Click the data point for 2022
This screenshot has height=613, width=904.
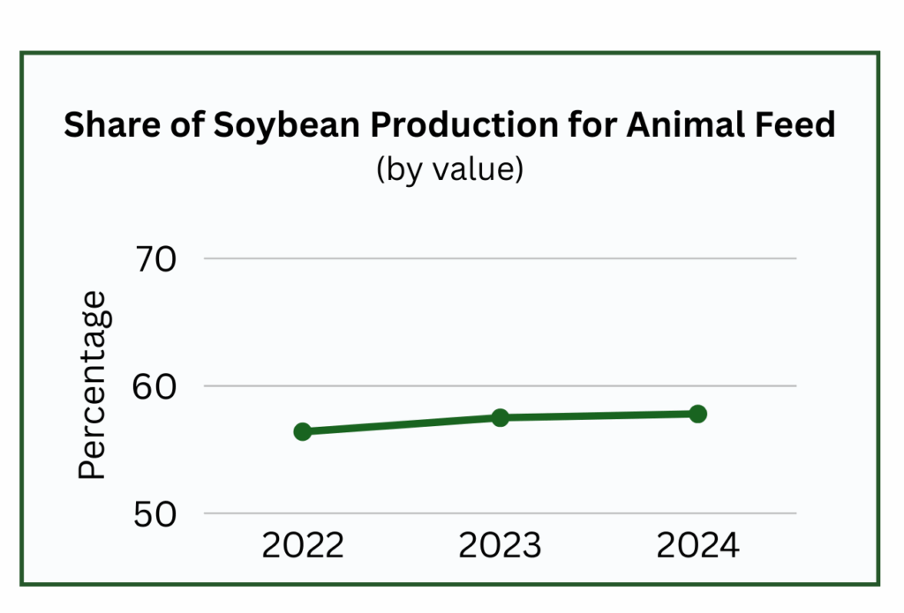pos(303,431)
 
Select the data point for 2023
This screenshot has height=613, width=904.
pos(501,418)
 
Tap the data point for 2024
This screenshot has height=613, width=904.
pos(697,414)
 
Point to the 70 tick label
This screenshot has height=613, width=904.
pos(155,259)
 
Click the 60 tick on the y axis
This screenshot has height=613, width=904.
pos(154,386)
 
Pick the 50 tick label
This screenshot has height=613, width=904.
pos(154,514)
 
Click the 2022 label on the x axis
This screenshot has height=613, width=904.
pos(303,545)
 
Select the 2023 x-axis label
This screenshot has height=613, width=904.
pos(500,545)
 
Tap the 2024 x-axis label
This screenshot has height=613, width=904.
pos(697,545)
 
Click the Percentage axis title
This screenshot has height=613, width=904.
pos(93,385)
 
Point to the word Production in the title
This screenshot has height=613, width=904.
pos(464,124)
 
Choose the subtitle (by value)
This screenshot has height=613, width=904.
pos(449,169)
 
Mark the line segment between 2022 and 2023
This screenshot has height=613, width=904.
pos(402,424)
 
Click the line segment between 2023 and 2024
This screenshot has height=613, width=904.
pos(599,415)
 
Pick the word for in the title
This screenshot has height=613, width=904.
pos(592,124)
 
